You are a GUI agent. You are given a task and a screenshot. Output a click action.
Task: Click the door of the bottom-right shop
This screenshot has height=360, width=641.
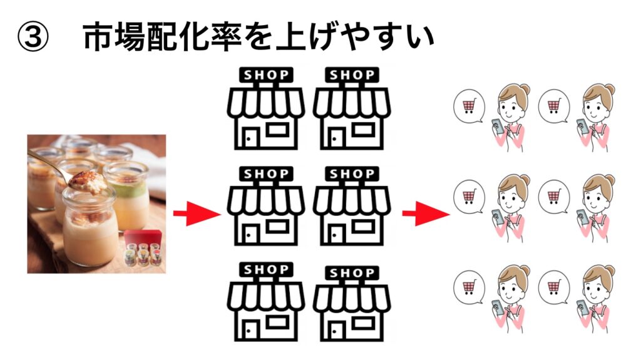338,331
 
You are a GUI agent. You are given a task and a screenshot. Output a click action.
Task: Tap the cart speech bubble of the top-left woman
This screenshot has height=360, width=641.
468,106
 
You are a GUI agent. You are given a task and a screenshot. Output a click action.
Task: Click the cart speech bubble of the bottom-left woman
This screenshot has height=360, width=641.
468,287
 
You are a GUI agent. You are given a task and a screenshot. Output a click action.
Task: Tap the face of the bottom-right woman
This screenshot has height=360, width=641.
592,285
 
